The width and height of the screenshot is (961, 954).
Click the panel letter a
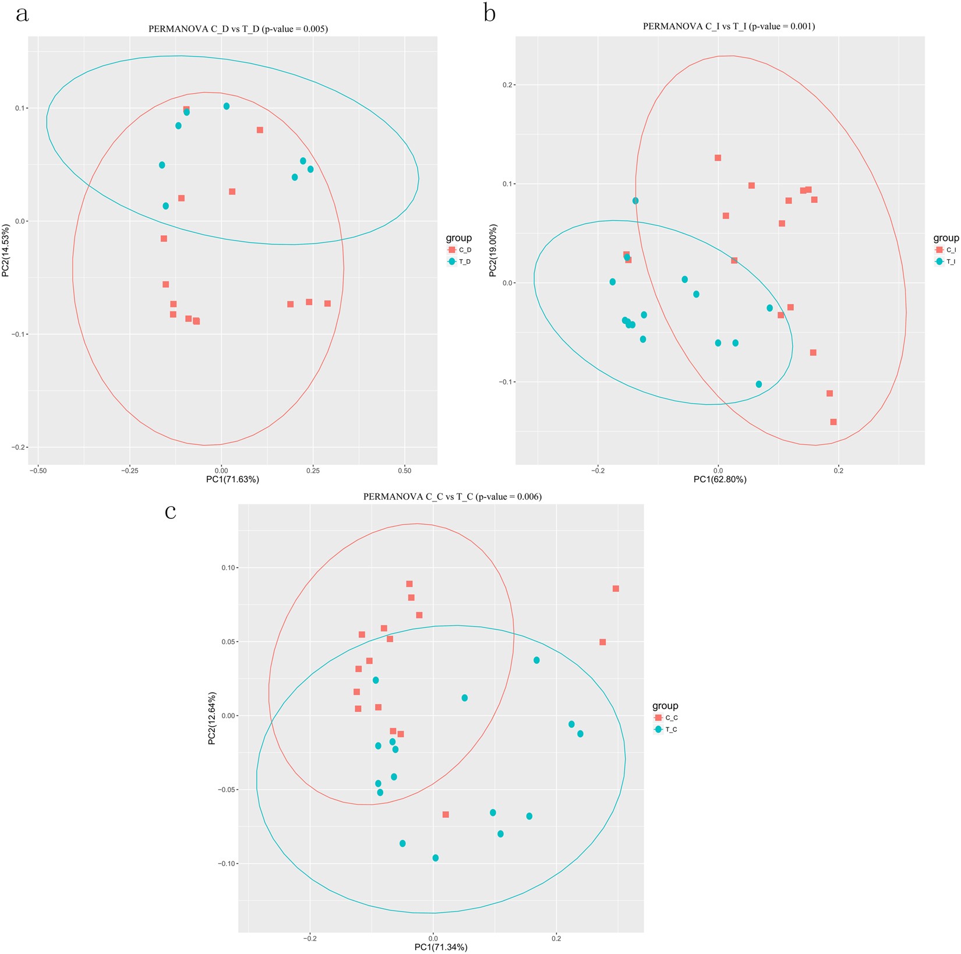22,14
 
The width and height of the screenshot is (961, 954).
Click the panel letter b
489,13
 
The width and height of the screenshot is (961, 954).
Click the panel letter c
171,512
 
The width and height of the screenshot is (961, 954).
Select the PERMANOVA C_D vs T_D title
238,29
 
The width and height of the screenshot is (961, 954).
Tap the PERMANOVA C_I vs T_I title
729,26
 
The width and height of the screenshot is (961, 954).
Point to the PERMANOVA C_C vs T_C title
452,497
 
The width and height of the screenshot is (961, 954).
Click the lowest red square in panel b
833,422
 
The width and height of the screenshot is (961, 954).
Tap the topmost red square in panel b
718,158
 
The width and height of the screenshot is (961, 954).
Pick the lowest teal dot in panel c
436,858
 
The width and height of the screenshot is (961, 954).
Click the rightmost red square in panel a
327,303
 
